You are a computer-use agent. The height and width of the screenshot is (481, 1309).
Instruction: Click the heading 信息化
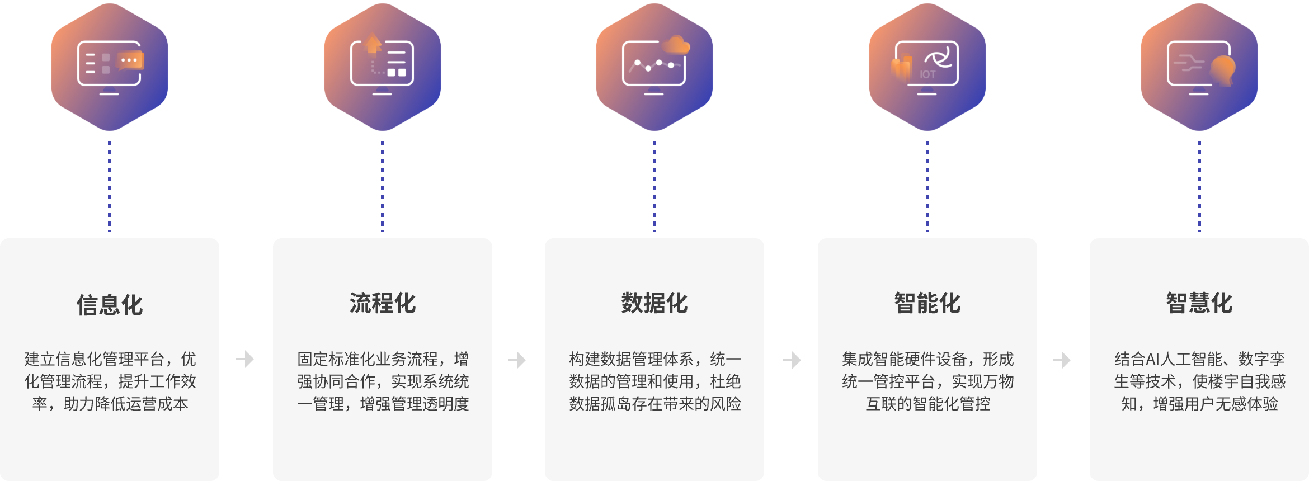click(110, 305)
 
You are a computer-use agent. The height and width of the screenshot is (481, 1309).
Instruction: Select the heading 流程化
click(383, 303)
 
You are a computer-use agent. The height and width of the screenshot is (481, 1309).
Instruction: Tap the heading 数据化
click(654, 303)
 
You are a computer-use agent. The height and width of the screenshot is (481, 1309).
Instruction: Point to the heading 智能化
click(927, 303)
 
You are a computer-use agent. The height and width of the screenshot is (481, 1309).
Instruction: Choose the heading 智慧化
click(1199, 303)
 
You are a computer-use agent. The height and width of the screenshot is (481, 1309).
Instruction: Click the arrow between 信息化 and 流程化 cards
click(245, 359)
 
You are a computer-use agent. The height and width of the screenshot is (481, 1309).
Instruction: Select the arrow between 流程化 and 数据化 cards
click(517, 360)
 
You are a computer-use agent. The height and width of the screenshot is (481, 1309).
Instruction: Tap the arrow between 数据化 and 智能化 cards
click(792, 360)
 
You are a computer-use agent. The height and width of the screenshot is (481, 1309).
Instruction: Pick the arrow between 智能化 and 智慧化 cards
click(1062, 360)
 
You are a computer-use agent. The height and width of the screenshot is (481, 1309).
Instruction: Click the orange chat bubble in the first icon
click(130, 60)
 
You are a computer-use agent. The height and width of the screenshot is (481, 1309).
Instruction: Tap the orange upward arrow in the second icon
click(373, 43)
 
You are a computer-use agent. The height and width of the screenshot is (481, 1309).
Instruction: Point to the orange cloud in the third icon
click(676, 45)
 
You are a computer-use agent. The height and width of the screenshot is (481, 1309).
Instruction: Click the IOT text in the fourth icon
click(927, 74)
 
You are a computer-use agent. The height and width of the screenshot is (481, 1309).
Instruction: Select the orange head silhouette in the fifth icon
click(1223, 70)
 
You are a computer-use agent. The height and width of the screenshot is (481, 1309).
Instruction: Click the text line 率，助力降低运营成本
click(110, 404)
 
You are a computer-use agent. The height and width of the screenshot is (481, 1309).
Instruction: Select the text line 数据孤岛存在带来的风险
click(654, 404)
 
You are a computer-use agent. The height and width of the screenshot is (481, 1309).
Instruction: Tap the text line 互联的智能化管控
click(927, 404)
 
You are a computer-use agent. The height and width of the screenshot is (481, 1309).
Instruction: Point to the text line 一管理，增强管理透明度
click(383, 404)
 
